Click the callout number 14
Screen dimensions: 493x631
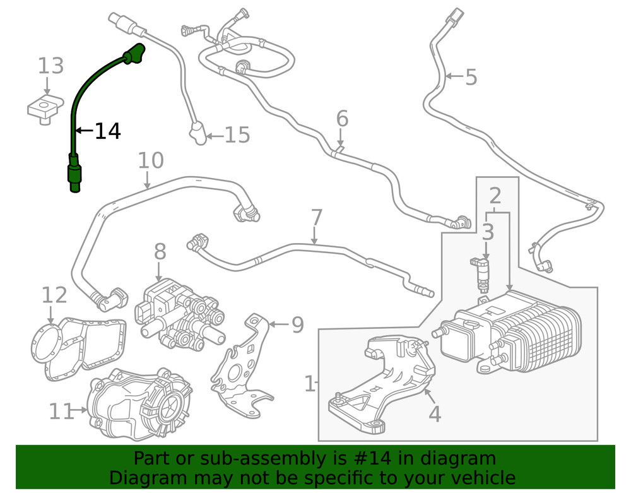pos(107,131)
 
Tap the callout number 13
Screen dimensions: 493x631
pos(51,66)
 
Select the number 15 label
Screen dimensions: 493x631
pos(237,135)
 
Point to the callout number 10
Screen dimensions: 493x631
pos(151,161)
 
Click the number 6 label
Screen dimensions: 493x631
pos(342,119)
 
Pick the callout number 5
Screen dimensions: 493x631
pos(471,78)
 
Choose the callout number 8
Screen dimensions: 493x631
pos(160,252)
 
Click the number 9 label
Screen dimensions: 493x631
pos(297,325)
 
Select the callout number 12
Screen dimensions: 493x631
pos(54,295)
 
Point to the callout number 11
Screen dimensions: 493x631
pos(62,412)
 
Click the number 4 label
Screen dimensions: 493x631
pos(435,414)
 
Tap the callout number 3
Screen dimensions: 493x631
pos(488,232)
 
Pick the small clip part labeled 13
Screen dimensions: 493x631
pos(45,108)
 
